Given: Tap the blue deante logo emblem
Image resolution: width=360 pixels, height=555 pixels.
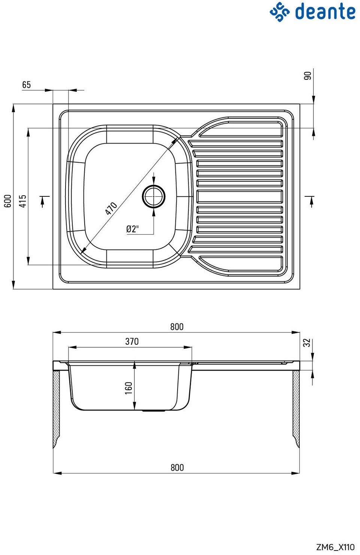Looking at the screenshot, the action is (x=279, y=12).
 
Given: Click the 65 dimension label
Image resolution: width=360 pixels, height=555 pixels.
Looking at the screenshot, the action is (x=27, y=85).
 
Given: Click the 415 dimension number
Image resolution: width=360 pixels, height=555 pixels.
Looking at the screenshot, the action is (x=23, y=201).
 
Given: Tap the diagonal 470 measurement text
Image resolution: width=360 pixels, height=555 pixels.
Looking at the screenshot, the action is (x=111, y=208).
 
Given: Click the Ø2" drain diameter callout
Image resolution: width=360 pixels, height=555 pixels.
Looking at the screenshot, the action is (x=133, y=229).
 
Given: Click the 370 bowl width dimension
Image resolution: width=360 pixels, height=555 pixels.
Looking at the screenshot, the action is (x=132, y=341).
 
